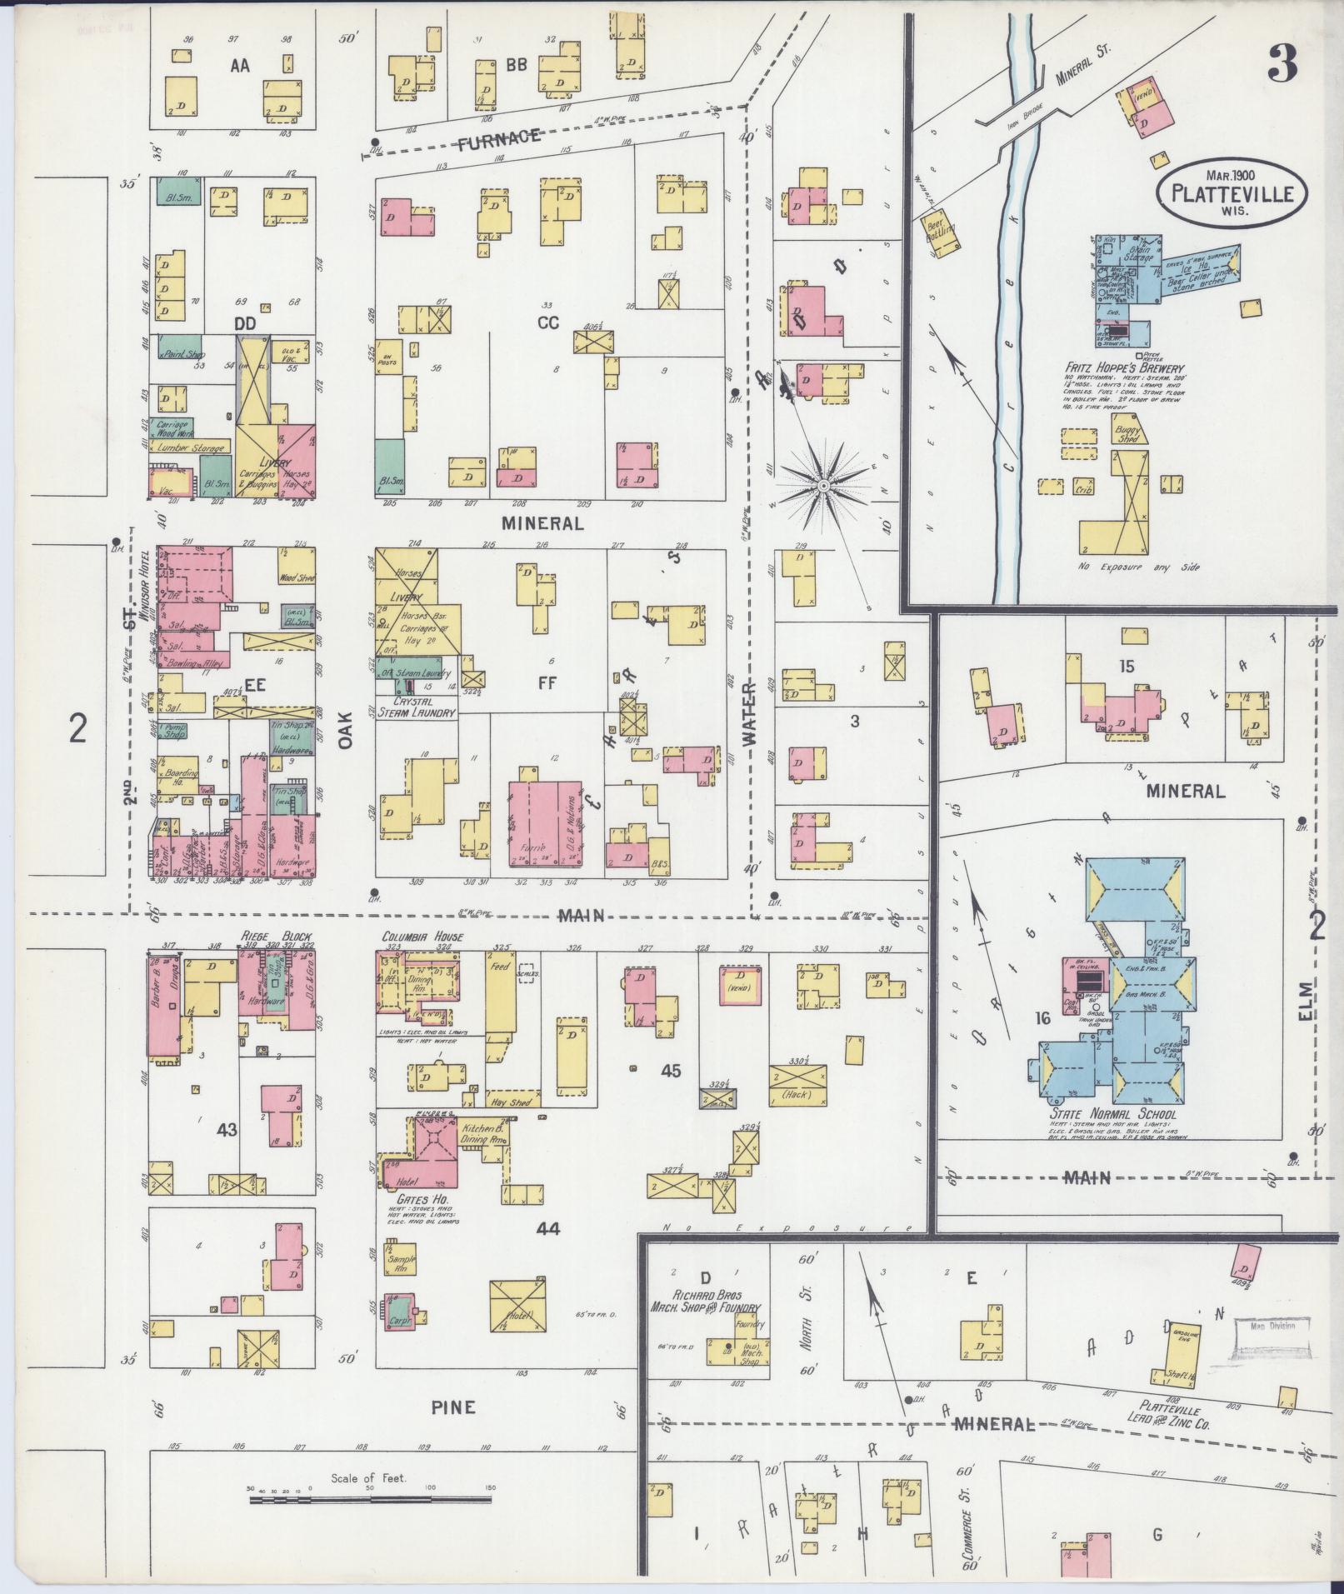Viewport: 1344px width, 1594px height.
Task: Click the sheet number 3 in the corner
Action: click(x=1282, y=64)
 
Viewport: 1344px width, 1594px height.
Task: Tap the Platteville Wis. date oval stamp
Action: click(x=1232, y=191)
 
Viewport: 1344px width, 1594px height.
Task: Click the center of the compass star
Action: click(x=824, y=485)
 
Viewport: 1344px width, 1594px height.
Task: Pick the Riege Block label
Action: click(x=267, y=935)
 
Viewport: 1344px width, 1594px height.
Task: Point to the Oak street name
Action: click(x=347, y=727)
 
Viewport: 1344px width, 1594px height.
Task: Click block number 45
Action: click(x=671, y=1071)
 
